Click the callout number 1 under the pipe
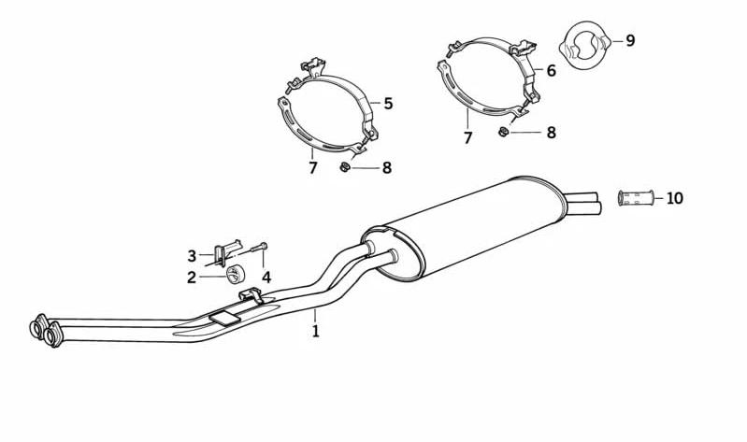tap(315, 331)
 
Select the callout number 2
tap(192, 278)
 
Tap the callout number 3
tap(192, 256)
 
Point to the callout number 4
tap(266, 278)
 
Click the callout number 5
tap(388, 104)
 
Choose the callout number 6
tap(552, 70)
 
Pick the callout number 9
tap(630, 40)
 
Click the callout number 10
tap(675, 198)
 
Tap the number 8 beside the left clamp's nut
tap(387, 167)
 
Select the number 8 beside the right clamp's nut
tap(552, 133)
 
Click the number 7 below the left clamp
tap(312, 167)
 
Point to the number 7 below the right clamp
tap(467, 138)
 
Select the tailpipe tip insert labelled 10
tap(636, 198)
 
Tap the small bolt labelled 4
tap(259, 248)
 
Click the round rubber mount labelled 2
tap(235, 275)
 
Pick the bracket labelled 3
tap(227, 252)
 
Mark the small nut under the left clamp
tap(344, 167)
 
